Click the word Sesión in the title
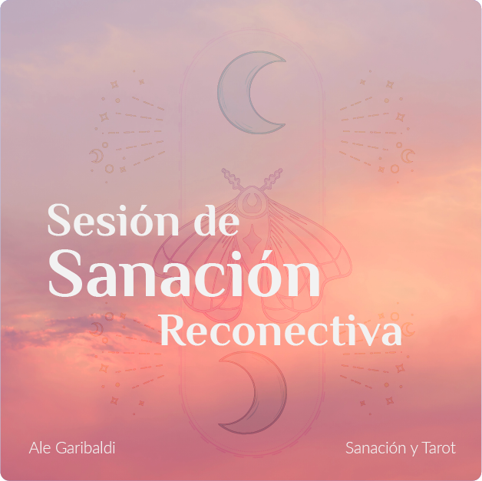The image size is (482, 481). tap(113, 219)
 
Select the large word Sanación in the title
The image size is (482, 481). tap(184, 274)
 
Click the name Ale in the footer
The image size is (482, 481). tap(40, 448)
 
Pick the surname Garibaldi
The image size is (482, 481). tap(85, 448)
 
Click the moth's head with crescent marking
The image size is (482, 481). tap(252, 201)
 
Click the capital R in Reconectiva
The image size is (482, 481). tap(174, 330)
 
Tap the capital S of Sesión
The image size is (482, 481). tap(59, 219)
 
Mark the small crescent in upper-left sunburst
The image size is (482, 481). tap(96, 156)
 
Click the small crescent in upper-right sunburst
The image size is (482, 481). tap(408, 156)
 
